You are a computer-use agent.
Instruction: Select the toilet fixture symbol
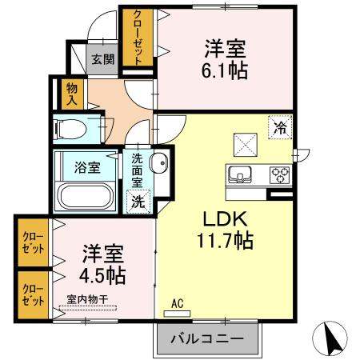pyautogui.click(x=76, y=129)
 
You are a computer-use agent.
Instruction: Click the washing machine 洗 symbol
pyautogui.click(x=139, y=202)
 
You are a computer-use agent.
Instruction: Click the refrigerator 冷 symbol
pyautogui.click(x=280, y=127)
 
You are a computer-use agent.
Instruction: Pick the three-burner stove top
pyautogui.click(x=279, y=173)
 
